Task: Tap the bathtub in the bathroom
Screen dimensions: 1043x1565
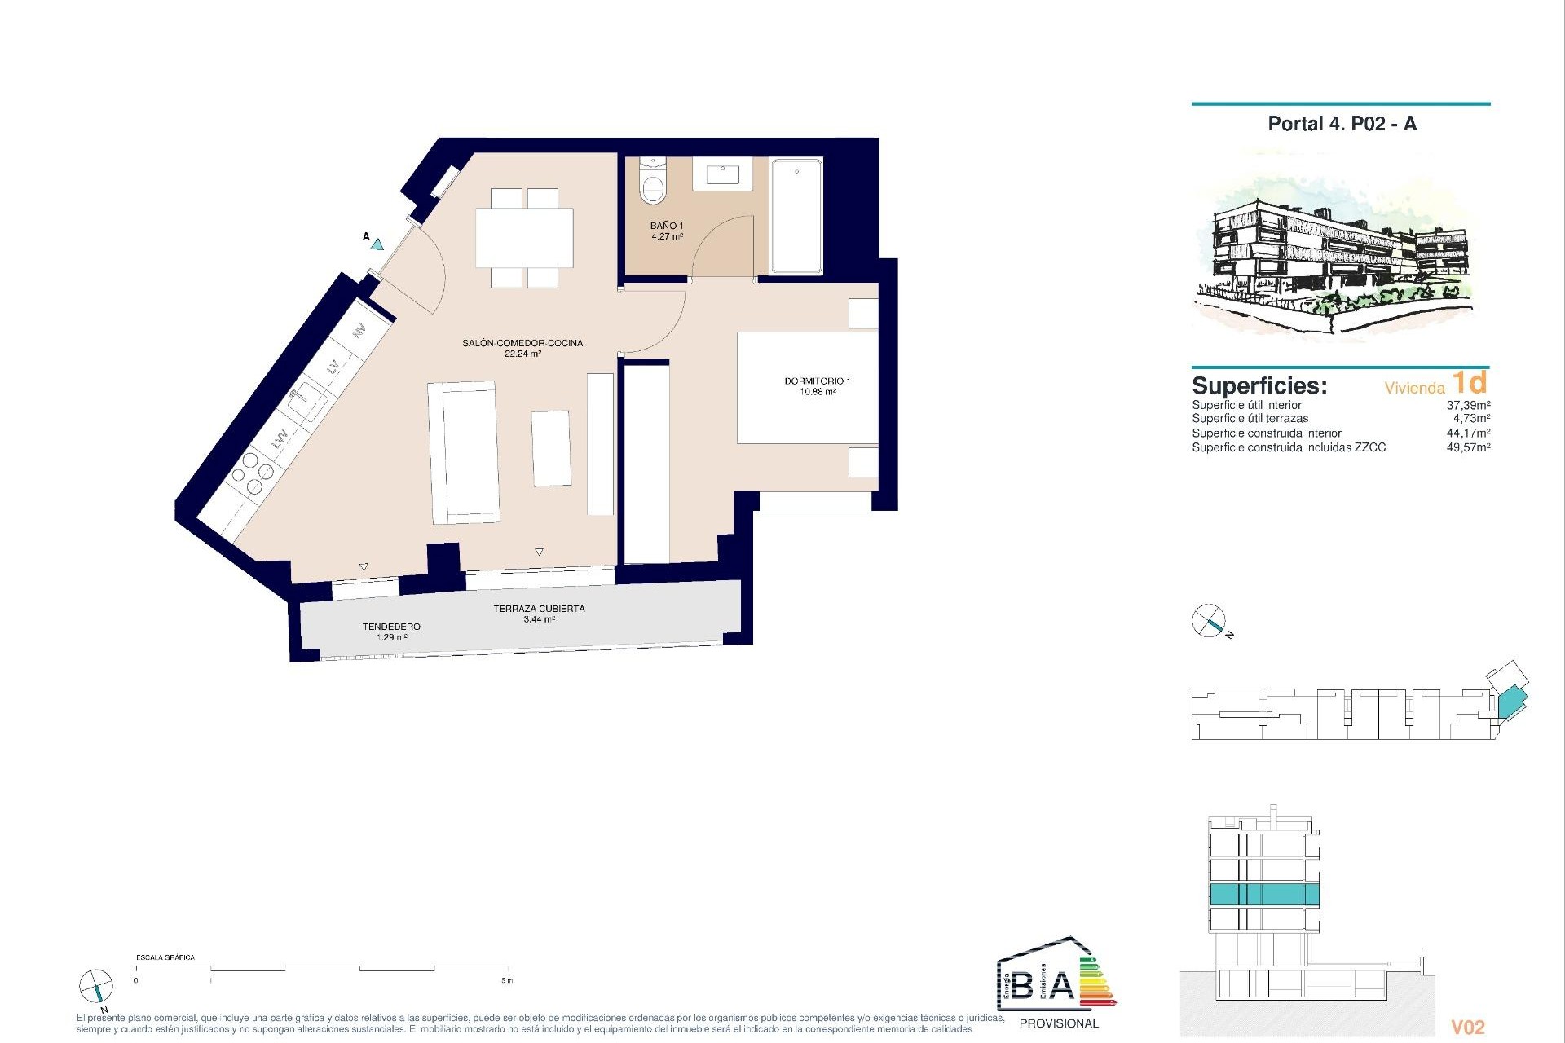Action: pyautogui.click(x=796, y=216)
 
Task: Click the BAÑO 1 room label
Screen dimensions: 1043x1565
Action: pyautogui.click(x=666, y=231)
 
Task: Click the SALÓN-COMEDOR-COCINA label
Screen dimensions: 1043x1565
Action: pyautogui.click(x=522, y=348)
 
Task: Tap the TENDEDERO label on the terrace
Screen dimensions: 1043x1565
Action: pyautogui.click(x=391, y=631)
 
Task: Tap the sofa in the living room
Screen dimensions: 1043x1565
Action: pyautogui.click(x=463, y=452)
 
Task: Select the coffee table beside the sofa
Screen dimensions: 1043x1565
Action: pyautogui.click(x=552, y=448)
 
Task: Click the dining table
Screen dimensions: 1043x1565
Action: pyautogui.click(x=524, y=238)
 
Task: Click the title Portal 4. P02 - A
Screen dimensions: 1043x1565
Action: pyautogui.click(x=1342, y=124)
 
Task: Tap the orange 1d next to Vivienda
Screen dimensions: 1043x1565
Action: pyautogui.click(x=1470, y=382)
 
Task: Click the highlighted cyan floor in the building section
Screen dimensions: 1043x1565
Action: pyautogui.click(x=1263, y=894)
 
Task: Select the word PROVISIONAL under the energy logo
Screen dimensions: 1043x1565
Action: pyautogui.click(x=1059, y=1023)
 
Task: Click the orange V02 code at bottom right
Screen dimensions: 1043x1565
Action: pyautogui.click(x=1467, y=1028)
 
